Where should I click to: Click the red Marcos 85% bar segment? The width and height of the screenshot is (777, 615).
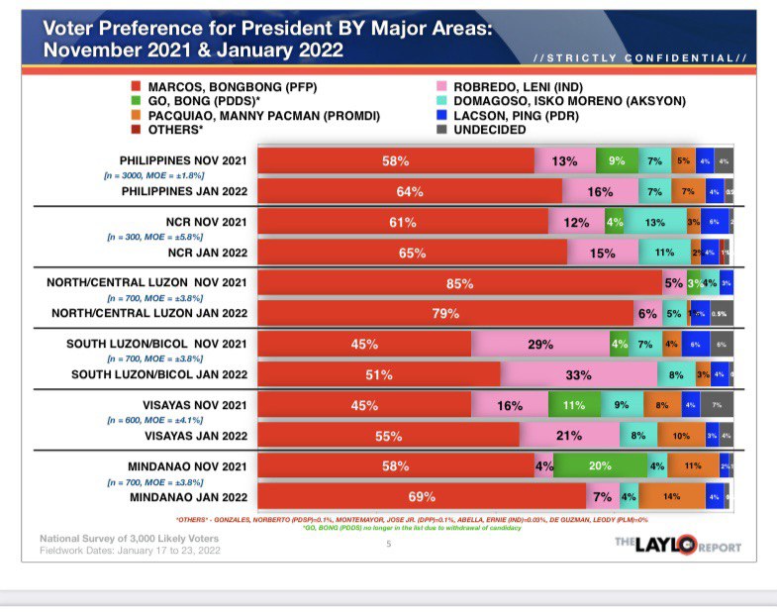click(459, 283)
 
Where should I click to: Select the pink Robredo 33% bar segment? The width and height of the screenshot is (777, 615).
click(578, 375)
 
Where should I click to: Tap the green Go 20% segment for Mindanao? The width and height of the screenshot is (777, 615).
click(599, 465)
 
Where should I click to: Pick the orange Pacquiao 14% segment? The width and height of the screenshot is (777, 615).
click(671, 496)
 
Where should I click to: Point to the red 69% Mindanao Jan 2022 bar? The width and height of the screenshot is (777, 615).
click(422, 496)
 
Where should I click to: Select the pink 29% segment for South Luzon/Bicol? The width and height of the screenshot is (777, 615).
click(539, 345)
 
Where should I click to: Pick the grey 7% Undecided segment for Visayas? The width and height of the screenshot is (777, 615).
click(717, 405)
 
